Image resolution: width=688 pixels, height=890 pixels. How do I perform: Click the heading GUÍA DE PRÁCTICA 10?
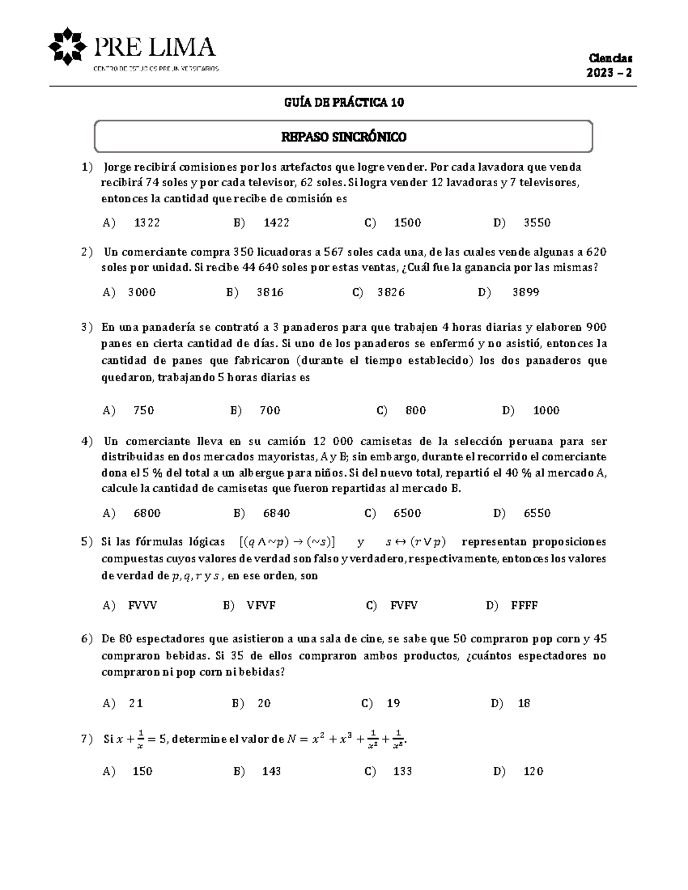344,103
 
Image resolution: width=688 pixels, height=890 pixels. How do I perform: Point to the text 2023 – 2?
608,73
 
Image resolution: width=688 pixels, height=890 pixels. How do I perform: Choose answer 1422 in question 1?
276,223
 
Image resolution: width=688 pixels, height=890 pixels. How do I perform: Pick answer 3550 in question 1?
537,223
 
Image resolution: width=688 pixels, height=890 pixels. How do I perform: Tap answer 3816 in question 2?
269,292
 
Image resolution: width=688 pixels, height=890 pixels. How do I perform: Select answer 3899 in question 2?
525,292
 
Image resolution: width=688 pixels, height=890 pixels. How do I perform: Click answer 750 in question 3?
143,410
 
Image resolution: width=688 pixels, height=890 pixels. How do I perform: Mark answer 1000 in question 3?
546,410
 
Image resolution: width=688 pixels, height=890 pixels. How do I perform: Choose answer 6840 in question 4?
276,513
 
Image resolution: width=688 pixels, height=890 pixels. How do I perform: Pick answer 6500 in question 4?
407,513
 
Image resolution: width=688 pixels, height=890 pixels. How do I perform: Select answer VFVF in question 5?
261,605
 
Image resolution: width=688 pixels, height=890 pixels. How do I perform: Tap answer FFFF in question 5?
524,605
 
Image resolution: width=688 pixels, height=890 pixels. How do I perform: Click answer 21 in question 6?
136,703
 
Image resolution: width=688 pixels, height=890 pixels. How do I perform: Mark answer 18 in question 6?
524,703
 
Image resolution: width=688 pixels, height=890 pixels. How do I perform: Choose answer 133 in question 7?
402,771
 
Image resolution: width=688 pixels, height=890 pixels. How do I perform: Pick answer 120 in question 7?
533,771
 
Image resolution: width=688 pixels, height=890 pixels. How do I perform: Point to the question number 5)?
87,542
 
